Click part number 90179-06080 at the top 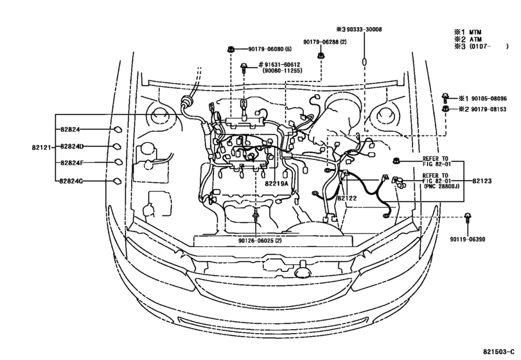(x=260, y=49)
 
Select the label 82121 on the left (x=40, y=147)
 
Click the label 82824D (x=72, y=147)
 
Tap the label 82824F (x=72, y=163)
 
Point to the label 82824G (x=72, y=181)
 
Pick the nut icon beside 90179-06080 (x=231, y=49)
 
